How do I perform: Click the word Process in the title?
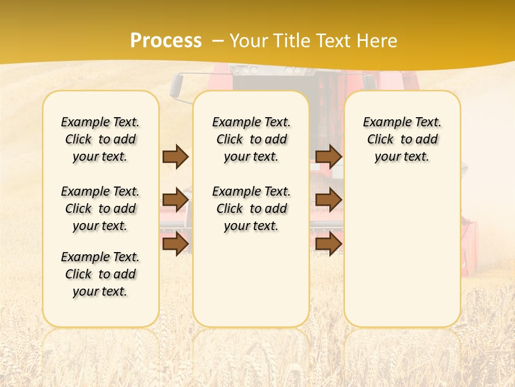click(x=166, y=41)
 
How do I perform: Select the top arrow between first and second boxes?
click(x=175, y=156)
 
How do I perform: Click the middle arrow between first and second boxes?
click(x=175, y=200)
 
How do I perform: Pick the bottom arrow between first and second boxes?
click(x=175, y=244)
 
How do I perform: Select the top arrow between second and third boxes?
click(x=328, y=156)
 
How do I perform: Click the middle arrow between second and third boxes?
click(x=328, y=200)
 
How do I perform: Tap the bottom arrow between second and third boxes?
click(x=328, y=244)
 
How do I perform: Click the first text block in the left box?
click(x=100, y=139)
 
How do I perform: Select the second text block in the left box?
click(x=100, y=209)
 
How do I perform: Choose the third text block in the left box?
click(x=100, y=274)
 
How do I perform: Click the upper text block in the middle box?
click(x=251, y=139)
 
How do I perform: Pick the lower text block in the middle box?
click(x=251, y=209)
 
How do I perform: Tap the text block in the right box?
click(x=402, y=139)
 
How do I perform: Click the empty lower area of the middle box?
click(x=251, y=279)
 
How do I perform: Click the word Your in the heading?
click(x=249, y=41)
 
